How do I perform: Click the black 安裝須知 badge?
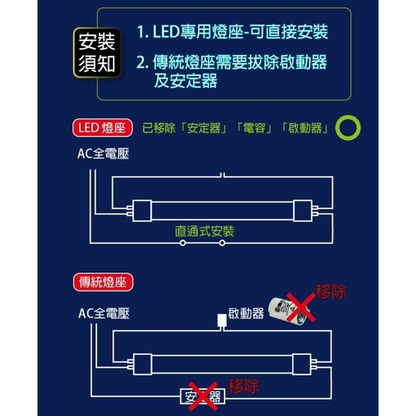click(97, 53)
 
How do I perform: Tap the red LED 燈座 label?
click(103, 128)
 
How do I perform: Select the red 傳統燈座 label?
click(103, 282)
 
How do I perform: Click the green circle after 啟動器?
click(348, 128)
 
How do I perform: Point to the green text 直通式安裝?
click(205, 232)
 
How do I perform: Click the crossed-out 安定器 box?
click(202, 397)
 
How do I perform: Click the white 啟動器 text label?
click(246, 313)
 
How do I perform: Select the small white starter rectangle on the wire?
click(222, 320)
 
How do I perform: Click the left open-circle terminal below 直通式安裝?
click(182, 243)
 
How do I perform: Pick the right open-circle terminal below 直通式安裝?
click(223, 243)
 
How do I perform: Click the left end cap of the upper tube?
click(142, 211)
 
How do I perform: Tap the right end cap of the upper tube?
click(303, 211)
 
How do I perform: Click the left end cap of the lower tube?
click(143, 364)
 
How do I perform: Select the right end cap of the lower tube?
click(302, 364)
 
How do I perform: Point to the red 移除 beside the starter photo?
click(331, 292)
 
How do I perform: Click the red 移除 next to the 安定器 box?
click(244, 386)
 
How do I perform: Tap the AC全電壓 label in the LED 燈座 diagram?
click(103, 154)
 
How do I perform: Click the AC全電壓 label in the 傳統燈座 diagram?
click(104, 313)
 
